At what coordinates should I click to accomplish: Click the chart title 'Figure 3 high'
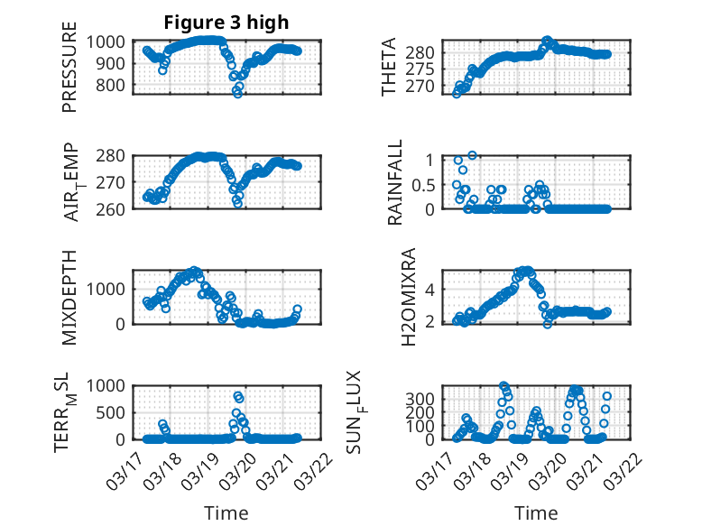226,23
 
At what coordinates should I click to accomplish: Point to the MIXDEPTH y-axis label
69,296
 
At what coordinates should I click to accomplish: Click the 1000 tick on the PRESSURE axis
110,42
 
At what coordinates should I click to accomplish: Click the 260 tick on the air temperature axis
115,208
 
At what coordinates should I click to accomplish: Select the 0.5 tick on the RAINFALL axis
423,184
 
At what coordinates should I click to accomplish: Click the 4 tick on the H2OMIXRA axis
430,290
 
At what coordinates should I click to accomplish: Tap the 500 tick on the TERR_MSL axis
115,412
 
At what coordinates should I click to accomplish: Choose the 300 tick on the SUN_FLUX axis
425,399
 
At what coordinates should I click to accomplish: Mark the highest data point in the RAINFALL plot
472,155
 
